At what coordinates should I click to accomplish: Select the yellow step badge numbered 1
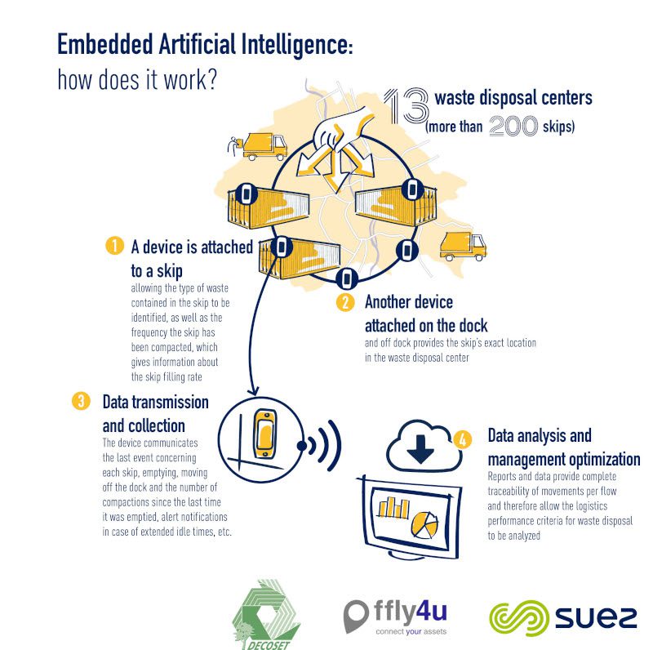[x=115, y=245]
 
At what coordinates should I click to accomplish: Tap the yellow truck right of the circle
[x=463, y=245]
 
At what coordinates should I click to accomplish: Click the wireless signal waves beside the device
[x=322, y=447]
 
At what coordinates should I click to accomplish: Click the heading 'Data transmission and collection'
[x=155, y=413]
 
